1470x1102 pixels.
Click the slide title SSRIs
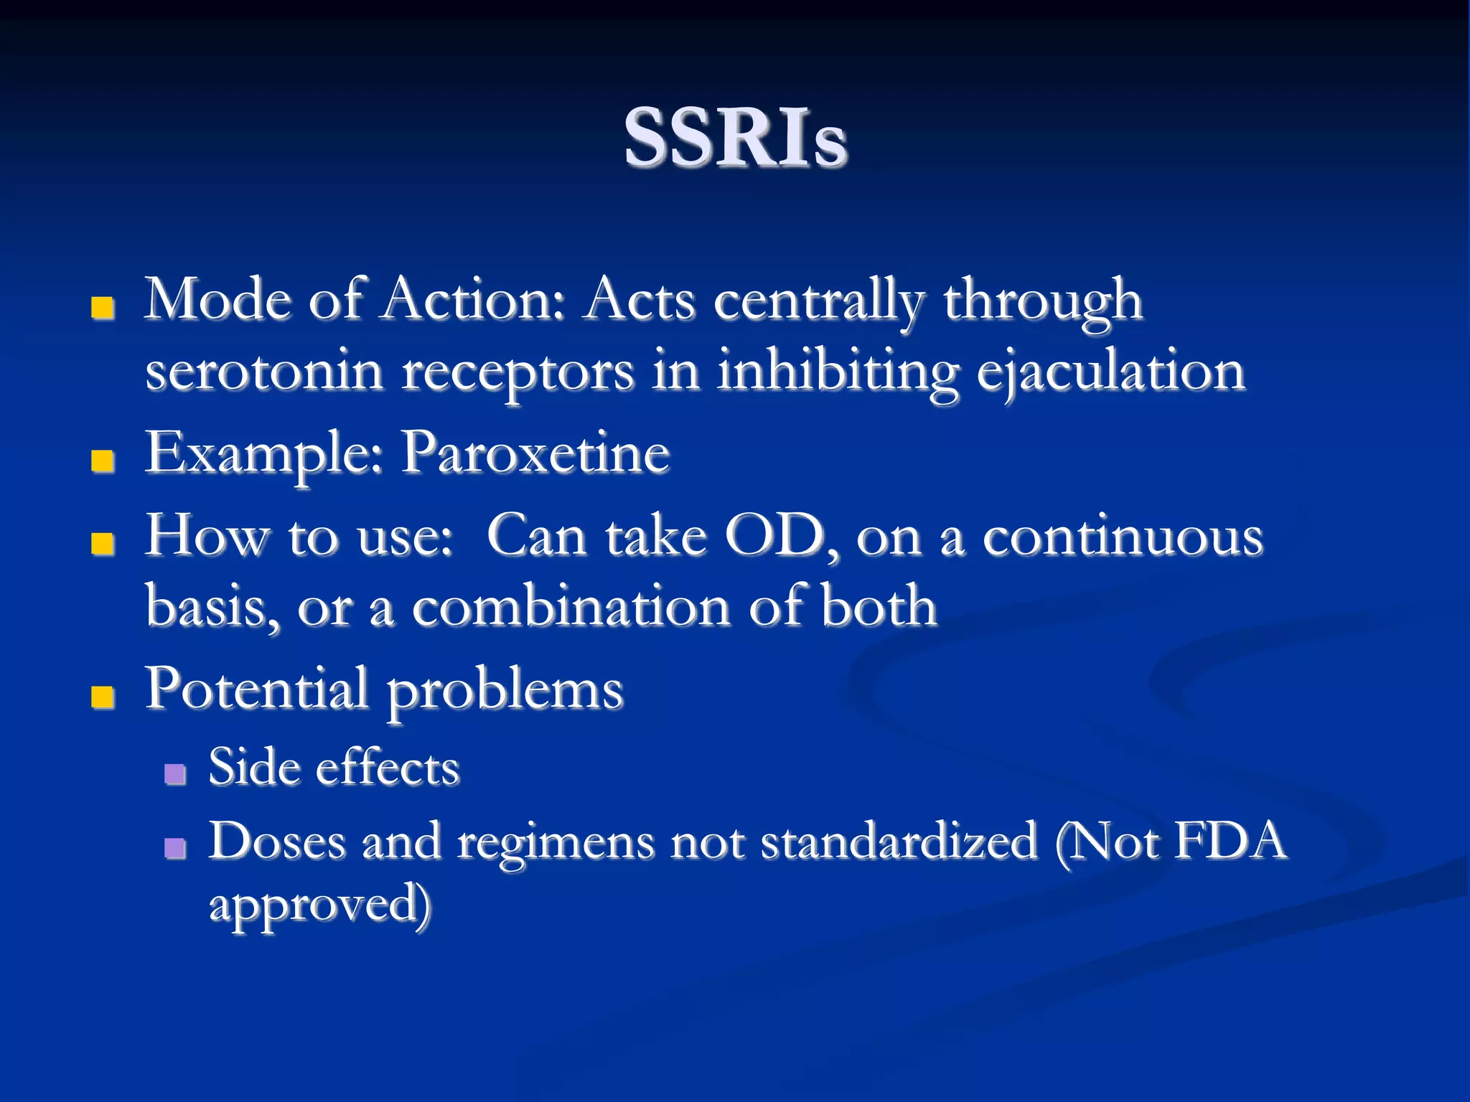tap(735, 138)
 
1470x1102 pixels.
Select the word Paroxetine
tap(535, 453)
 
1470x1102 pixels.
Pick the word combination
tap(571, 607)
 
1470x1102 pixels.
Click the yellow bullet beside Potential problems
tap(103, 696)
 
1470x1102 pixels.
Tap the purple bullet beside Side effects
tap(175, 773)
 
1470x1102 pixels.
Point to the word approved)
tap(319, 905)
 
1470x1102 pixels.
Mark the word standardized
tap(899, 841)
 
